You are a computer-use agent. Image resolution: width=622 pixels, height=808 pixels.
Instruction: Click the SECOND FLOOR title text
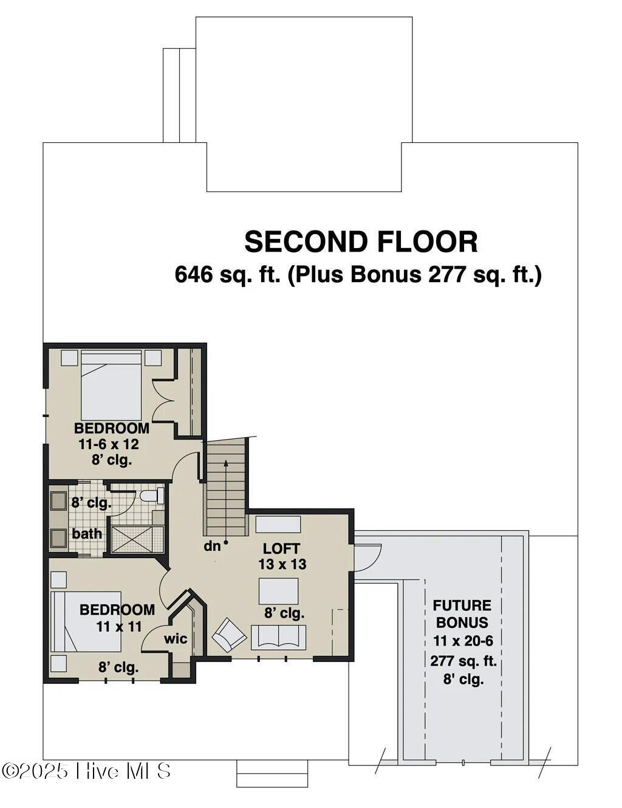[x=361, y=242]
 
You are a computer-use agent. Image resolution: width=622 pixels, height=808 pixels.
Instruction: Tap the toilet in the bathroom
[x=151, y=496]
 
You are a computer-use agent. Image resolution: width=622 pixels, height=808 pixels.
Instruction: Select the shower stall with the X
[x=137, y=539]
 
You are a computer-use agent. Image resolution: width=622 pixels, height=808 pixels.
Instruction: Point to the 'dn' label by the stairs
[x=212, y=546]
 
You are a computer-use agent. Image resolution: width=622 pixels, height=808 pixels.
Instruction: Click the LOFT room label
[x=281, y=548]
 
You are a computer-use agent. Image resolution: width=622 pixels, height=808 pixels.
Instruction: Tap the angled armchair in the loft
[x=229, y=635]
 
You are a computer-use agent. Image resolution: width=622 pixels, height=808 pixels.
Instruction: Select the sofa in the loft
[x=279, y=637]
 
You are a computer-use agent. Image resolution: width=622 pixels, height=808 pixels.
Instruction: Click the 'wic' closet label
[x=176, y=639]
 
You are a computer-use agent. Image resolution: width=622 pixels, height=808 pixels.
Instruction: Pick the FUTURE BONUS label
[x=462, y=613]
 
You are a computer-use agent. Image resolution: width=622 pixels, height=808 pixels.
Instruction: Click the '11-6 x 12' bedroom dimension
[x=109, y=444]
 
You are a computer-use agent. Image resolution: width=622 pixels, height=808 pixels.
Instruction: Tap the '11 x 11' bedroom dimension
[x=118, y=626]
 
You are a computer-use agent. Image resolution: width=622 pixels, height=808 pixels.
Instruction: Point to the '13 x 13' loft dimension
[x=282, y=564]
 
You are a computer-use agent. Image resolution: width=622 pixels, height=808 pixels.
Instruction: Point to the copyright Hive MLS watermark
[x=86, y=771]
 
